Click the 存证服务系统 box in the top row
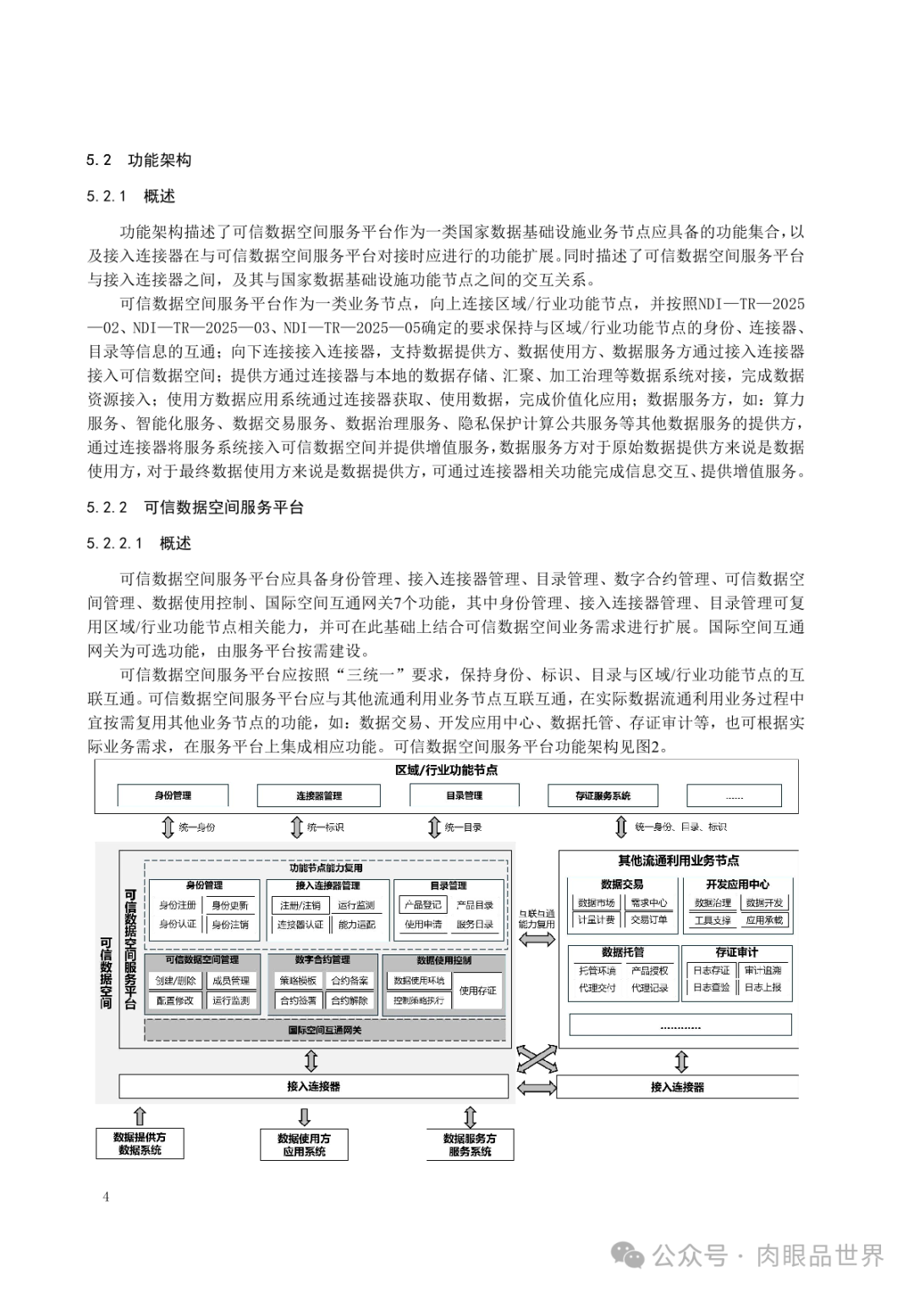point(603,795)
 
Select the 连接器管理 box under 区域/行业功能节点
point(318,795)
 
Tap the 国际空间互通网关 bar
point(325,1030)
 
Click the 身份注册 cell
point(177,905)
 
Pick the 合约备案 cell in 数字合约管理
point(350,981)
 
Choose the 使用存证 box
point(478,990)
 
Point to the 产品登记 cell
point(422,905)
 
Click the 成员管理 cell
point(230,981)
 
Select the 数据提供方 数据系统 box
point(140,1144)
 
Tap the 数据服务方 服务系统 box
point(470,1145)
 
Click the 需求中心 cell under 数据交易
point(648,903)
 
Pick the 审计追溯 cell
point(763,970)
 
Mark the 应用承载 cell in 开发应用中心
point(763,920)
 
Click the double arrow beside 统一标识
point(296,827)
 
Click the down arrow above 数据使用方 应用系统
point(305,1115)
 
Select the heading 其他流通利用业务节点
point(678,860)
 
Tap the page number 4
point(106,1196)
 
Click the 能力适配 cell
point(356,924)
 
